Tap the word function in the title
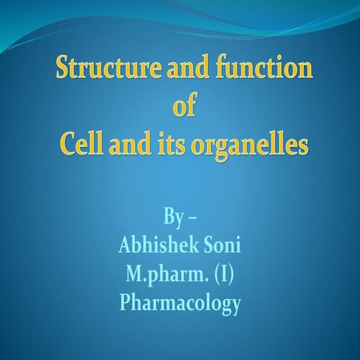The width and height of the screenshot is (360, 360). point(256,70)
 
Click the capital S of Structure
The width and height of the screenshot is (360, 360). point(64,70)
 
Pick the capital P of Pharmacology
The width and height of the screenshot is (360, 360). point(126,304)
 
